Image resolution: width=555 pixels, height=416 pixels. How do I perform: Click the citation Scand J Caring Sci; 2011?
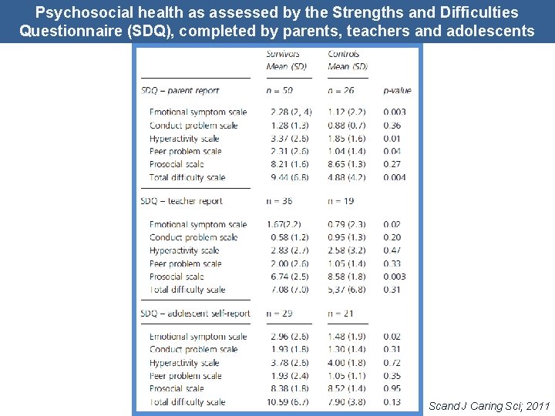click(x=489, y=405)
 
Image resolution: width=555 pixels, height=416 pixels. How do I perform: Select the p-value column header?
click(x=397, y=90)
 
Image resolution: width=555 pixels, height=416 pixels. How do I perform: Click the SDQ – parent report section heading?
click(x=180, y=90)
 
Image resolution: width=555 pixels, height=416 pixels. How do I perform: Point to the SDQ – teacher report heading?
click(x=182, y=201)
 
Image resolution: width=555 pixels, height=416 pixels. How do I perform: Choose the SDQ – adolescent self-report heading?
click(x=196, y=314)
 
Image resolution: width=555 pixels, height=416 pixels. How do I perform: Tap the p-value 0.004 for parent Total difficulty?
click(x=395, y=177)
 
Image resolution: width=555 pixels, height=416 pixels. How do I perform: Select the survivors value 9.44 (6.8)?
click(x=290, y=177)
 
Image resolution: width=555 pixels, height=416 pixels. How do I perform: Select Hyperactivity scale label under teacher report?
click(x=184, y=250)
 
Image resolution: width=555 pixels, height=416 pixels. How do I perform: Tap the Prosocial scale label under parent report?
click(x=177, y=164)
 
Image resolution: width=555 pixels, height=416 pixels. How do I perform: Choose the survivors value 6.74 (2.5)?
click(x=290, y=277)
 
